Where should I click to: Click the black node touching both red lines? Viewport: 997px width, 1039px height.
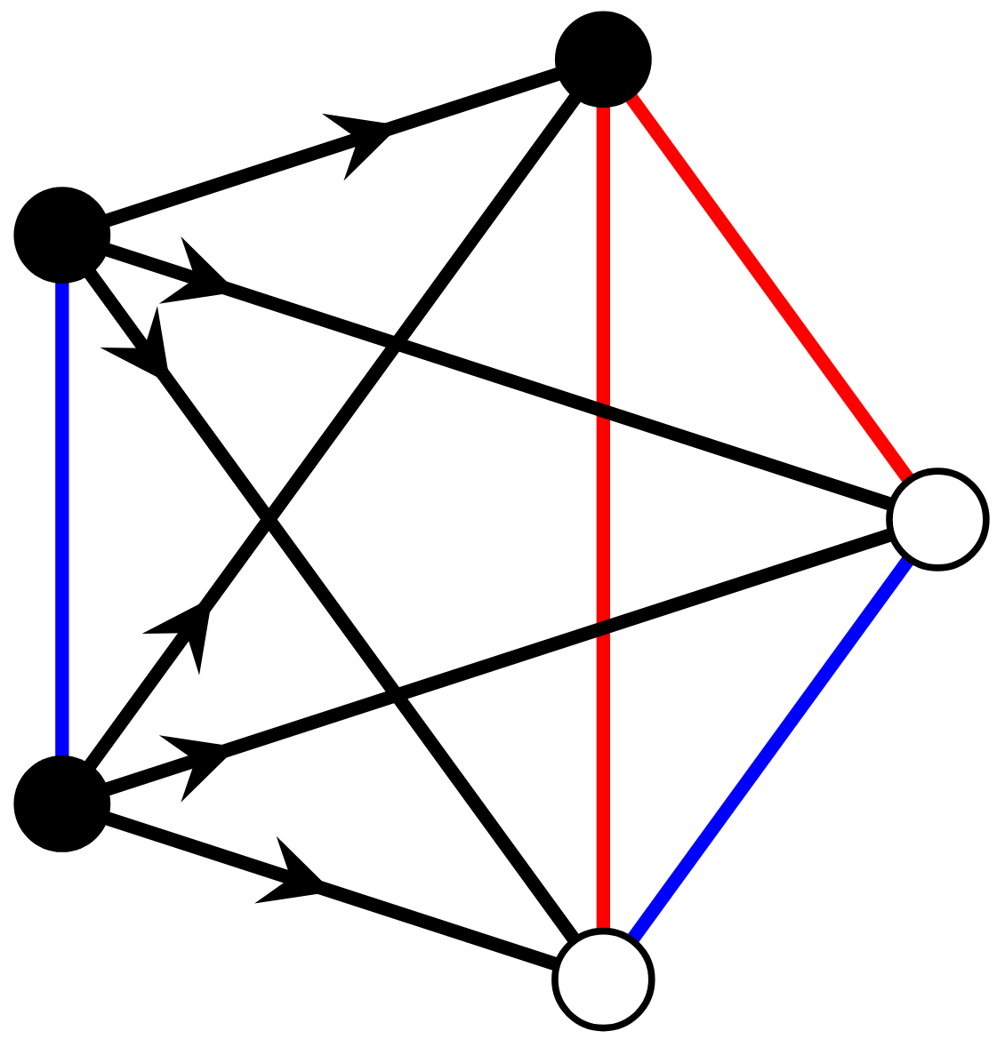click(603, 60)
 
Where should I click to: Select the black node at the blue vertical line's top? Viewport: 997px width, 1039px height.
click(61, 235)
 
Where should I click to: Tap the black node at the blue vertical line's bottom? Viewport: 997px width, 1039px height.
click(61, 803)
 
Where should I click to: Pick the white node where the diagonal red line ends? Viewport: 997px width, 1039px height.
click(937, 519)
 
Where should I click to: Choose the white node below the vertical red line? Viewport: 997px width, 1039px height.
click(603, 979)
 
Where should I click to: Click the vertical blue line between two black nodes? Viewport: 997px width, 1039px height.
click(61, 519)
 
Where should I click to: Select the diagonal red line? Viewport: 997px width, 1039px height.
click(770, 290)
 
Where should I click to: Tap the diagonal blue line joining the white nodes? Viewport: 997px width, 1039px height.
click(770, 749)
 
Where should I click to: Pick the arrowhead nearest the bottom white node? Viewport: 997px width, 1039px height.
click(288, 875)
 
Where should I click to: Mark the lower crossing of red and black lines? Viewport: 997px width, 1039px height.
click(603, 627)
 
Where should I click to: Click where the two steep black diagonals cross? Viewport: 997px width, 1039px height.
click(269, 519)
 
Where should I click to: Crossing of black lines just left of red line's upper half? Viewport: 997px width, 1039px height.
click(397, 345)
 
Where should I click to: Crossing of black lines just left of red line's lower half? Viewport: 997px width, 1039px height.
click(397, 694)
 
